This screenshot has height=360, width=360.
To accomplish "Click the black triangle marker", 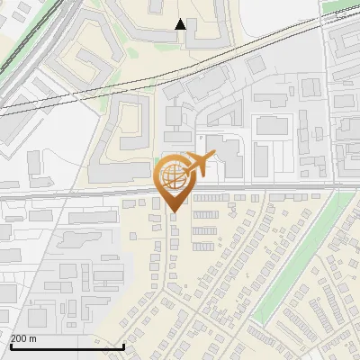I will [x=180, y=24].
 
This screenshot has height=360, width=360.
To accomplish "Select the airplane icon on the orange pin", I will [x=200, y=165].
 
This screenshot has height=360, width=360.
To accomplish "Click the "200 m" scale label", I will [x=23, y=337].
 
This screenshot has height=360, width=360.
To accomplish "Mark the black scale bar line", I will [x=67, y=347].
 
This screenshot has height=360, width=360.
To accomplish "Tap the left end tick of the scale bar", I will [x=11, y=345].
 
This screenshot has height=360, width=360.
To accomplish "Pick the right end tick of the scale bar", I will [x=123, y=345].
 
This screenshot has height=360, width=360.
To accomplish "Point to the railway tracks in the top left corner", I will [x=27, y=45].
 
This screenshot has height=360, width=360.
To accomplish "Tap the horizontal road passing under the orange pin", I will [x=90, y=191].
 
